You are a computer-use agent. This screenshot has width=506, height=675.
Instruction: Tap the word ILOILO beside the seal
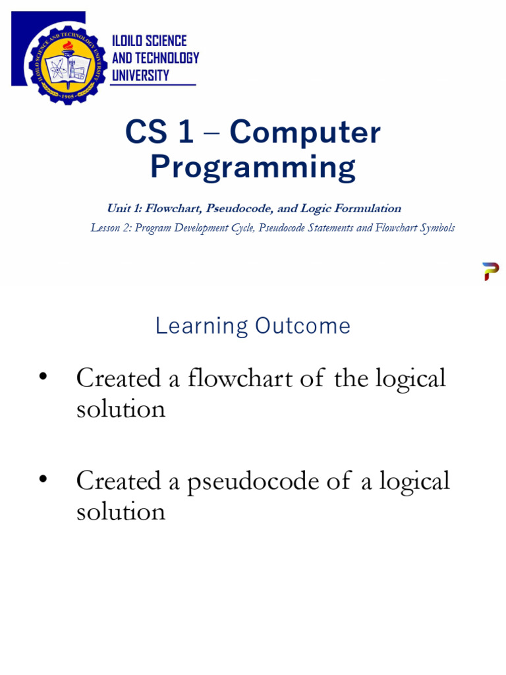[129, 42]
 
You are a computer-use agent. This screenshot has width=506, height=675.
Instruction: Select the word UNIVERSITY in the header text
[140, 74]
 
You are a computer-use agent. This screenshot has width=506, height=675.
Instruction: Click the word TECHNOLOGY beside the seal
[168, 58]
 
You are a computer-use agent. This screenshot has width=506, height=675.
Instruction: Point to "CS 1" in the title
[159, 133]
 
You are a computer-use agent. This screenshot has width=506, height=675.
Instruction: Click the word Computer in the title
[305, 133]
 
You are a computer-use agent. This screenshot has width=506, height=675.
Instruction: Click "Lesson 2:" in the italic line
[109, 228]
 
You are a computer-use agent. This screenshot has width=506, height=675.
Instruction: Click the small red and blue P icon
[490, 271]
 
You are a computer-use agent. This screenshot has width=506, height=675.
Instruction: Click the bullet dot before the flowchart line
[43, 376]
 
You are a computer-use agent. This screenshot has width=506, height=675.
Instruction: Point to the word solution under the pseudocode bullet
[121, 512]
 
